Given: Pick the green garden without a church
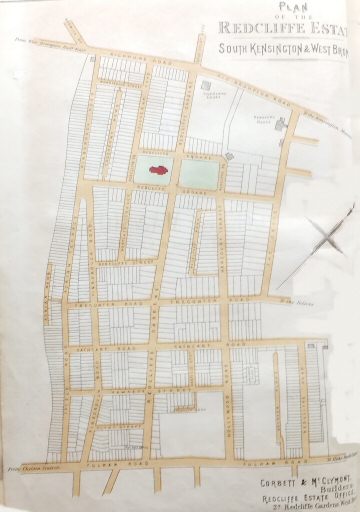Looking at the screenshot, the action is click(x=195, y=172).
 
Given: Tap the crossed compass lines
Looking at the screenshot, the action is click(x=326, y=243).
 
